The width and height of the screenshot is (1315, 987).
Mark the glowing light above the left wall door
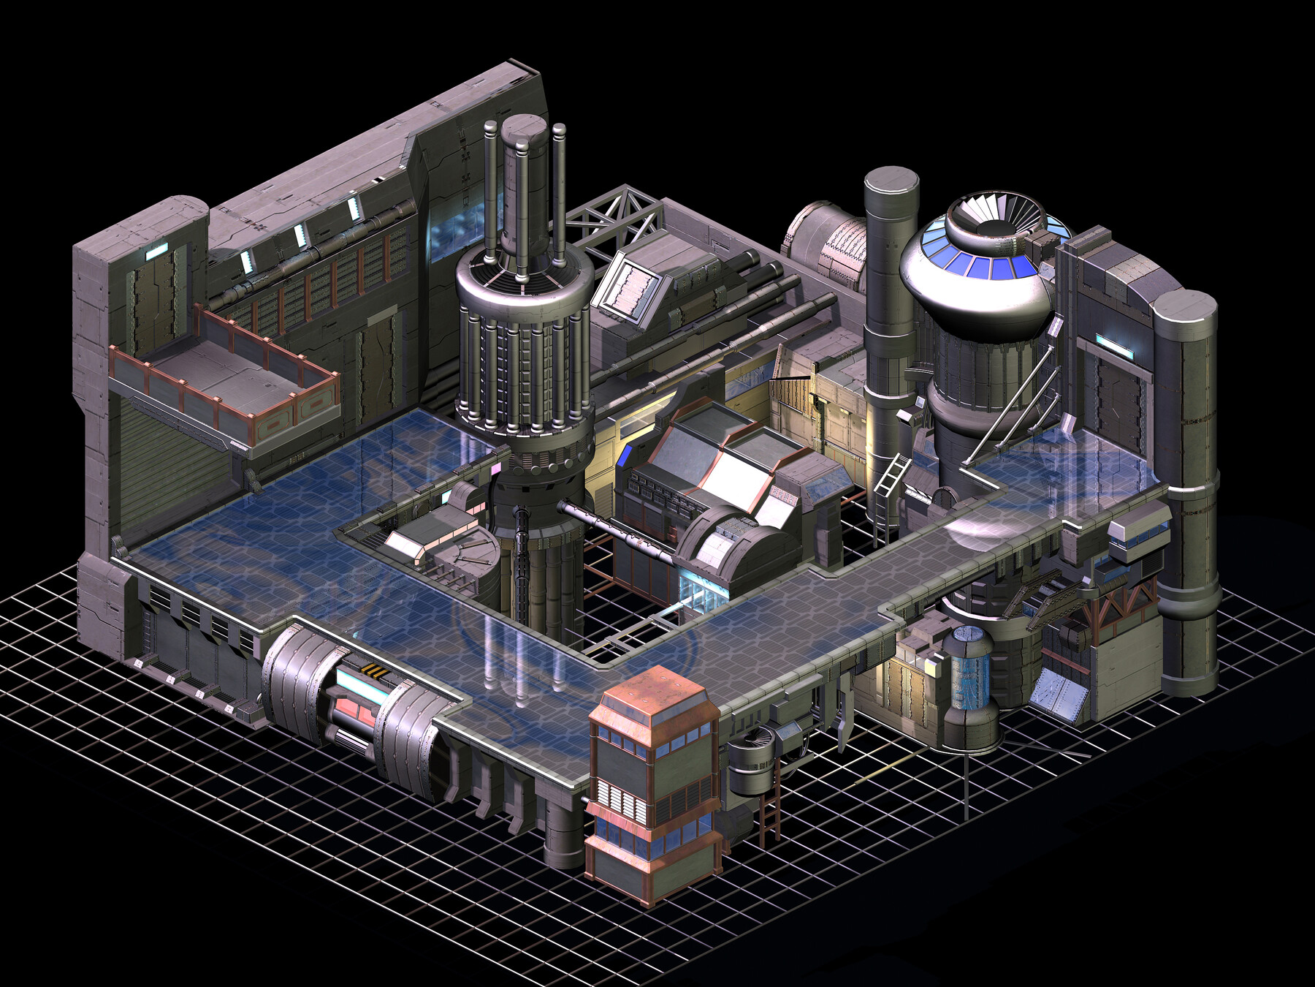156,252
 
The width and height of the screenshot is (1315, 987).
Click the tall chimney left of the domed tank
890,292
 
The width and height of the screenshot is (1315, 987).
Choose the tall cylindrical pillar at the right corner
1187,490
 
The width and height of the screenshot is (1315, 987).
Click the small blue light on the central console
625,456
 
